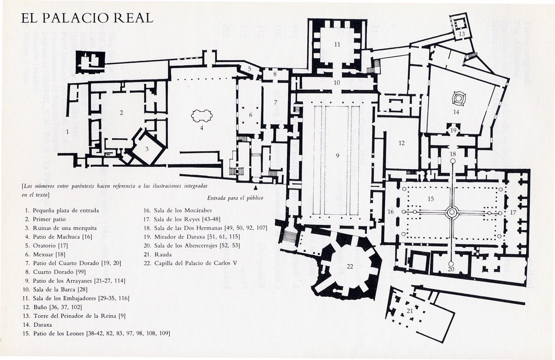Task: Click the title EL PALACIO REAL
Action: pos(87,18)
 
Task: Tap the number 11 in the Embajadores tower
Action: pos(337,44)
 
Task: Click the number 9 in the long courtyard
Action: pos(338,156)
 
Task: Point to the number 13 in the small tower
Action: pos(462,34)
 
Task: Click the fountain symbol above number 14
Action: pos(459,98)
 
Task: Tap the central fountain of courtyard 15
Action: pos(452,213)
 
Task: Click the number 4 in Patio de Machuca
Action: pos(202,128)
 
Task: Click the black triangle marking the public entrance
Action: pos(255,187)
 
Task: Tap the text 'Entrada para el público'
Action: pos(235,198)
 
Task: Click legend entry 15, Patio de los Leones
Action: pos(98,333)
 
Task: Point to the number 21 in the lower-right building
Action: pos(410,311)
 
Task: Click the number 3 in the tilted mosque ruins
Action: pos(147,149)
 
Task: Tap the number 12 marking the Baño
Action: pos(401,143)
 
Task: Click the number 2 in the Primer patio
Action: pos(121,112)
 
